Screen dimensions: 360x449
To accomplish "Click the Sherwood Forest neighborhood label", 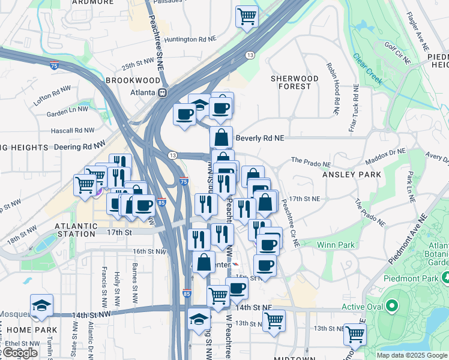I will (294, 82).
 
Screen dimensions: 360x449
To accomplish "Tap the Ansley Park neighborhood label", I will (352, 175).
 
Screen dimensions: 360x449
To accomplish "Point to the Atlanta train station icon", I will (162, 93).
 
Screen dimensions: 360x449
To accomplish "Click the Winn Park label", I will (336, 245).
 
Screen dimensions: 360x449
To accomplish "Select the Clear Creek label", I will (367, 69).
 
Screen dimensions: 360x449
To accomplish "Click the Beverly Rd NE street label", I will (259, 137).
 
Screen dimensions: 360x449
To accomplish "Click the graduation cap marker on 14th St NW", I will (41, 306).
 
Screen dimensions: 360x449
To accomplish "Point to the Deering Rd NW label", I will (79, 145).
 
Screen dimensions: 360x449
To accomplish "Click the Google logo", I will (19, 353).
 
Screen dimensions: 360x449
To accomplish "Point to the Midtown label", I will (295, 358).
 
